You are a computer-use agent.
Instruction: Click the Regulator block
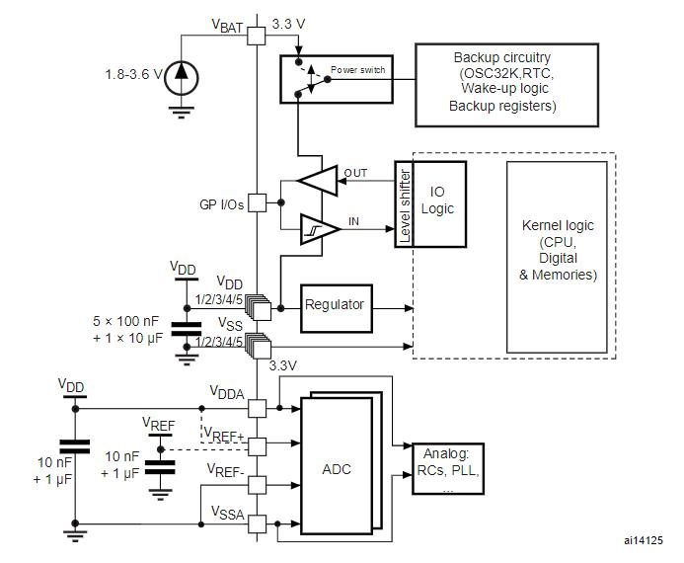[337, 308]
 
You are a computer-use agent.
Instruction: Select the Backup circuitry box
[506, 85]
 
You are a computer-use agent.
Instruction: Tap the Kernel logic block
[557, 257]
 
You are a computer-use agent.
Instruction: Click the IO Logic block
[439, 204]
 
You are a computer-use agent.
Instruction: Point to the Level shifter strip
[404, 204]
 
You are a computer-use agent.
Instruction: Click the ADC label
[337, 469]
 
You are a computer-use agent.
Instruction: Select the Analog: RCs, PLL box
[448, 469]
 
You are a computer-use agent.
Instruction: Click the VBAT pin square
[256, 36]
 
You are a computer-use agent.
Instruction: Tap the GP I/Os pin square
[257, 202]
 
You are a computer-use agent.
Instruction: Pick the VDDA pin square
[257, 409]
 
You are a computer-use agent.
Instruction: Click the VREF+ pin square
[257, 446]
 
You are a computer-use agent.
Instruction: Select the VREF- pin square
[257, 485]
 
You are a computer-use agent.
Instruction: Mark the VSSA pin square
[257, 523]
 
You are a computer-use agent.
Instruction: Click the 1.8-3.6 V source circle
[181, 79]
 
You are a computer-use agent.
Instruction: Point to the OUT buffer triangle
[318, 180]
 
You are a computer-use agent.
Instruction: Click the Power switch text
[357, 70]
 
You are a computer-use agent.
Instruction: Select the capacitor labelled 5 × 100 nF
[187, 329]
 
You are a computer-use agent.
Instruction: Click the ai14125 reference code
[643, 540]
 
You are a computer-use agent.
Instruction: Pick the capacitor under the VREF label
[160, 467]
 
